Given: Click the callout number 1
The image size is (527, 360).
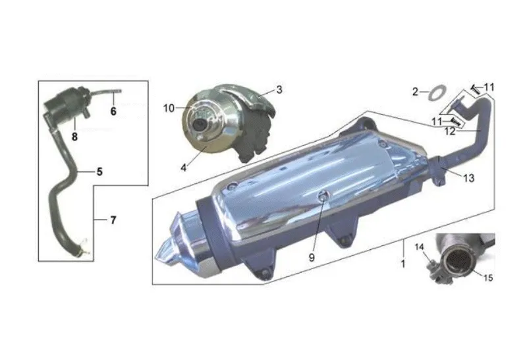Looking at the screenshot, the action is pos(403,263).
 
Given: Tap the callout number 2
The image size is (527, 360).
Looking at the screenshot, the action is pos(416,92).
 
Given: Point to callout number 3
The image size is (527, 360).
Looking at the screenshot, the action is pos(279,90).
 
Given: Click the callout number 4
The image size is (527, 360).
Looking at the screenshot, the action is pos(184,167).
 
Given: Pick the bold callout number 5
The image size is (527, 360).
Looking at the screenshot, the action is pos(99,171).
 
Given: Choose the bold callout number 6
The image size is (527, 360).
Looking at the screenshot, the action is pos(113,111).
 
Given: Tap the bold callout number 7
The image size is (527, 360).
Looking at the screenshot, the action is pos(113,220).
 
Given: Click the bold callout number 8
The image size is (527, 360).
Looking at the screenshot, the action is pos(74,136).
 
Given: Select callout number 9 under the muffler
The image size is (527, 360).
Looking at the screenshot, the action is pos(312,257).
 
